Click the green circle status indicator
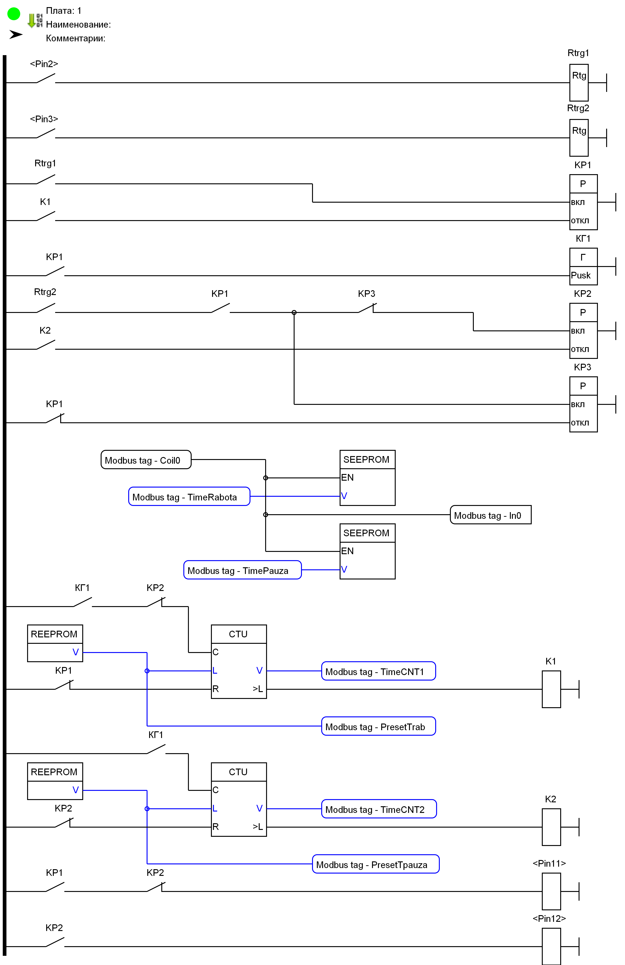(x=14, y=14)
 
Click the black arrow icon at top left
(x=16, y=34)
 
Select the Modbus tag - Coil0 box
(x=146, y=460)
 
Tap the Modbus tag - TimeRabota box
(x=189, y=497)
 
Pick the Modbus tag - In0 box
(x=490, y=515)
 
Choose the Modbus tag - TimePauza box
(x=242, y=570)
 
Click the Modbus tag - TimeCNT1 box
(x=378, y=671)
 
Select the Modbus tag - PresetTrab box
(x=378, y=726)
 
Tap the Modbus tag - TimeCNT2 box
(x=378, y=809)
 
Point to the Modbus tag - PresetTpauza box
(x=375, y=864)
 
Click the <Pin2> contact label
(x=44, y=64)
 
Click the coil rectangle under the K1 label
(x=551, y=689)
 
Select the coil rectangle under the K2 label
(x=551, y=827)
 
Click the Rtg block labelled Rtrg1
(x=579, y=83)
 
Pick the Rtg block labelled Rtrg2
(x=579, y=138)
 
